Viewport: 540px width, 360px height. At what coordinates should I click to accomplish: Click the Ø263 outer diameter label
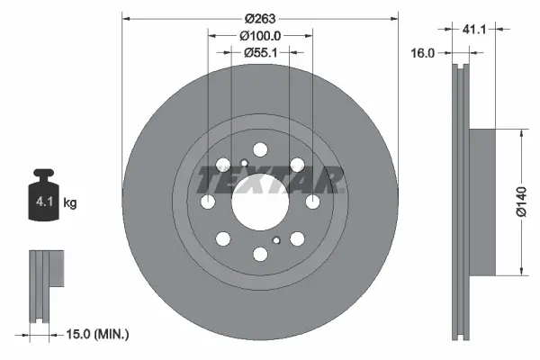[x=260, y=16]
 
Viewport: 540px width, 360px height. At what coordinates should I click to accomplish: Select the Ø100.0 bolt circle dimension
[x=260, y=35]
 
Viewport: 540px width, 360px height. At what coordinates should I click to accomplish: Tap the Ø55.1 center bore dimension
[x=260, y=53]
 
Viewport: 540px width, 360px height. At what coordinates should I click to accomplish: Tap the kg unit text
[x=69, y=203]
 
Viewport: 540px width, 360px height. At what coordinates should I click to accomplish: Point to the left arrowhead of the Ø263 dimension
[x=125, y=17]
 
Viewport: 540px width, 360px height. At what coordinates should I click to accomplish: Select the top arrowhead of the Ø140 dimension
[x=520, y=130]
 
